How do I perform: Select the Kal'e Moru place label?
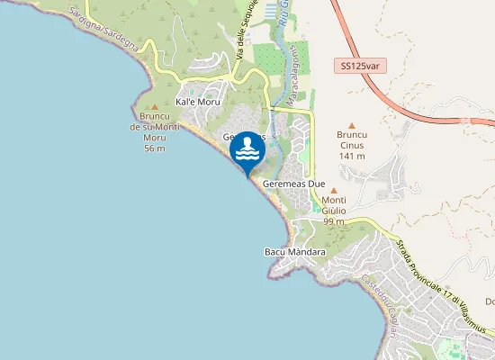(198, 103)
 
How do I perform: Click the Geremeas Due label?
(293, 184)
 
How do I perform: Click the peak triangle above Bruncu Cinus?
(351, 125)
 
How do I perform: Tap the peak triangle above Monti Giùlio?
(334, 191)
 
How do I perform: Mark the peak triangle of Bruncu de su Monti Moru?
(154, 108)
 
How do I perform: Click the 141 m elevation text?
(351, 156)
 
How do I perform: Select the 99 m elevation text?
(334, 221)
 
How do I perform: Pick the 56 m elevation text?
(154, 148)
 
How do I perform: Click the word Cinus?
(351, 145)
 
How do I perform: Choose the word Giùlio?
(334, 211)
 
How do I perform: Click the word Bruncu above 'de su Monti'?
(154, 117)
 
